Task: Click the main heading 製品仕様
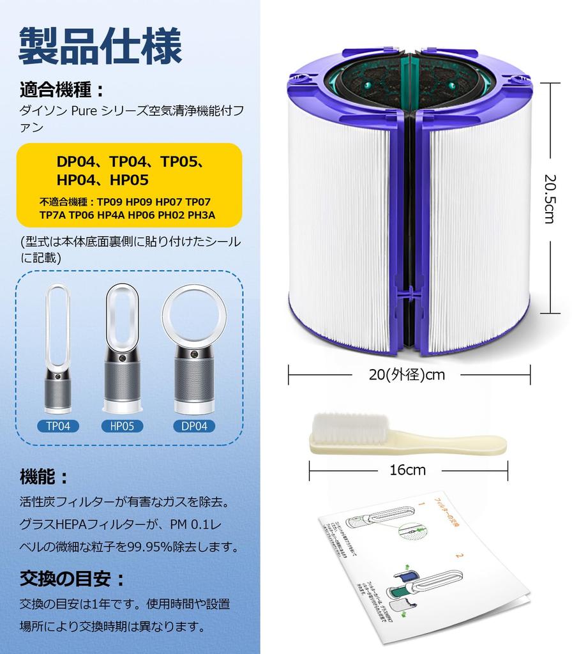coord(100,45)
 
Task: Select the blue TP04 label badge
coord(57,425)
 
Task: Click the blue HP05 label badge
coord(122,425)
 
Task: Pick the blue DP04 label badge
coord(193,425)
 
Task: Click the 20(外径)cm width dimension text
coord(407,375)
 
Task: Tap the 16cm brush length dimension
coord(407,470)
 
